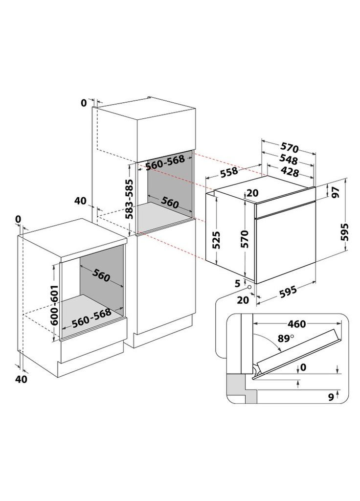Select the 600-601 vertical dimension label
click(x=54, y=302)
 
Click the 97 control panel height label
click(x=336, y=192)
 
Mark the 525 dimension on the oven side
click(x=217, y=240)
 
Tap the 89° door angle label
click(x=287, y=337)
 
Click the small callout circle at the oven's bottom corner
click(x=249, y=288)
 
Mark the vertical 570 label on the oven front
click(x=245, y=240)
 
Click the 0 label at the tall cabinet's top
click(x=84, y=103)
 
